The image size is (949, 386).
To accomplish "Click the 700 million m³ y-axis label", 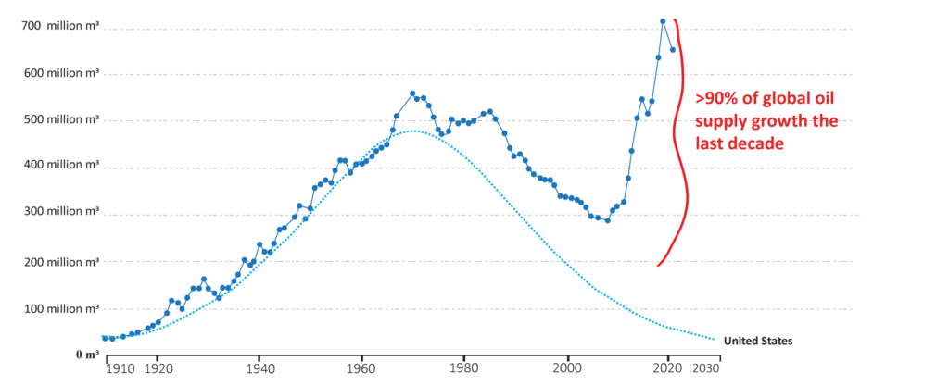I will pos(59,27).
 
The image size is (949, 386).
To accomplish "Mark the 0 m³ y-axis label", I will pos(87,355).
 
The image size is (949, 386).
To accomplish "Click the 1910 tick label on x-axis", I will pos(120,367).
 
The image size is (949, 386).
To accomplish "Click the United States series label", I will pos(758,341).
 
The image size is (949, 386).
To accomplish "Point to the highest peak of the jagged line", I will pos(663,19).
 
